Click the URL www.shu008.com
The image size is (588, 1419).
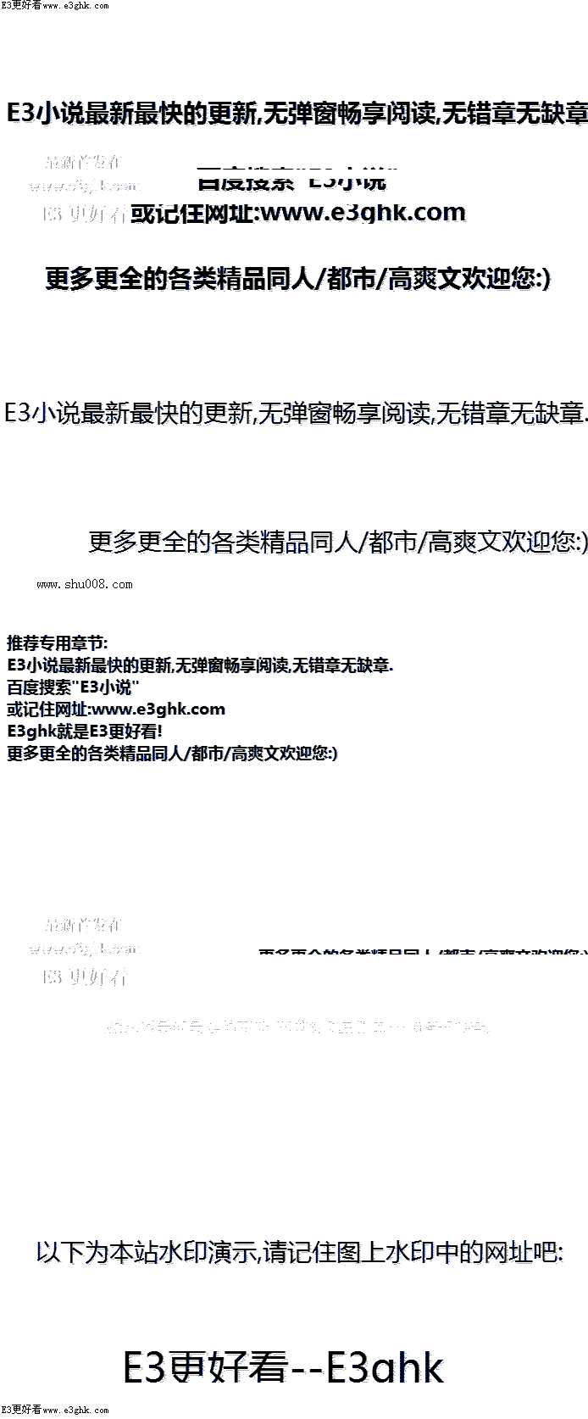click(x=85, y=584)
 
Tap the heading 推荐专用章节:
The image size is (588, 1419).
click(x=58, y=643)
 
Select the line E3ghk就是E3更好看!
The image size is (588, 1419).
click(x=85, y=731)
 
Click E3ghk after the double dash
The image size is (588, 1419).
click(x=386, y=1367)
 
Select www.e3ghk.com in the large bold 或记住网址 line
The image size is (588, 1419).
click(x=363, y=212)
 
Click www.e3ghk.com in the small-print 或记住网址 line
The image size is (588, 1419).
click(x=158, y=709)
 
